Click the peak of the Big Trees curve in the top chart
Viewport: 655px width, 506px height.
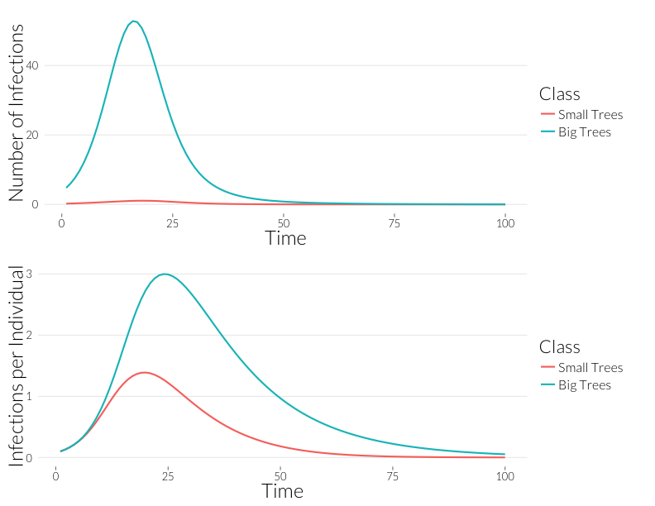coord(133,21)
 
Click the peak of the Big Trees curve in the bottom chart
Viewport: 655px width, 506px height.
coord(165,274)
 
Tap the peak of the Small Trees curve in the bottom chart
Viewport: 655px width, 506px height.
coord(145,372)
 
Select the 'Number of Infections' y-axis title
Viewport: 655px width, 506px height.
coord(17,112)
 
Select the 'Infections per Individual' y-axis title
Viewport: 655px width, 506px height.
coord(17,365)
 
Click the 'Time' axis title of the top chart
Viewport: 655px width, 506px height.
coord(285,238)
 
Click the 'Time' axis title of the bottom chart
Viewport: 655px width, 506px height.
coord(283,491)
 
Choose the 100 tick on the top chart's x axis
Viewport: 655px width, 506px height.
coord(504,223)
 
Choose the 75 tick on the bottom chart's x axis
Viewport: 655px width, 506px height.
coord(393,476)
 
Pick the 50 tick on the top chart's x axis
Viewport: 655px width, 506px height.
coord(283,223)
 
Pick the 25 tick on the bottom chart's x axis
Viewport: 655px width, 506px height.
coord(168,476)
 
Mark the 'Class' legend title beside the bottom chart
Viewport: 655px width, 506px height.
coord(559,346)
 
